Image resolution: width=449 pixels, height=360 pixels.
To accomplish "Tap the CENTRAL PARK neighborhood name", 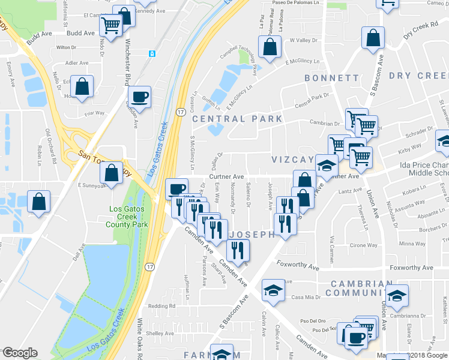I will tap(237, 119).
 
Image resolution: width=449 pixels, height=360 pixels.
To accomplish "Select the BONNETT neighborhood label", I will tap(331, 78).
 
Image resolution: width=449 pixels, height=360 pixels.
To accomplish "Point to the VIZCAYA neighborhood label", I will tap(292, 160).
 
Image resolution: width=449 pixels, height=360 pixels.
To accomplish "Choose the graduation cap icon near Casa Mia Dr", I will tap(273, 291).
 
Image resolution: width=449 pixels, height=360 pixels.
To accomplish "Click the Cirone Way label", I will tap(364, 245).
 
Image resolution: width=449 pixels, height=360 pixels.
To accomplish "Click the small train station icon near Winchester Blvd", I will tap(153, 54).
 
